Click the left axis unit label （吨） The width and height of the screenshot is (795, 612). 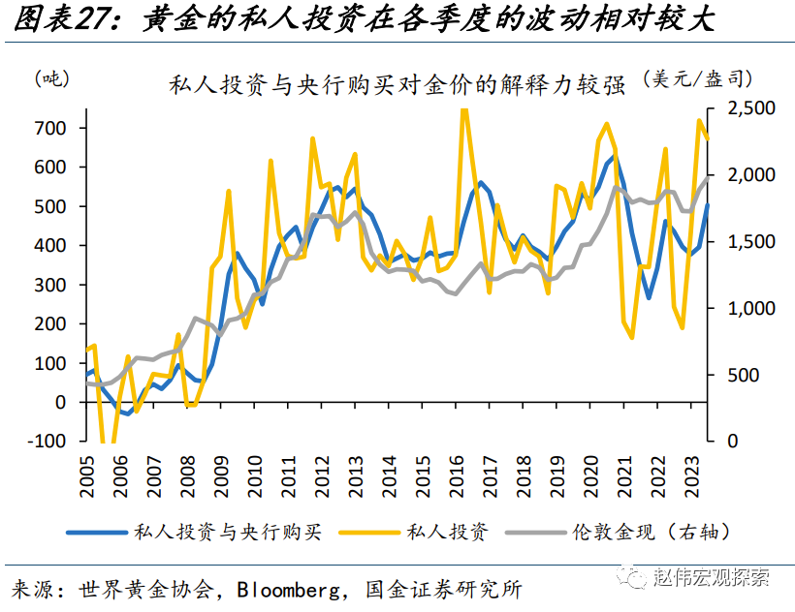click(x=50, y=79)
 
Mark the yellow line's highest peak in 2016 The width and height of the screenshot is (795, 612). click(x=463, y=109)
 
